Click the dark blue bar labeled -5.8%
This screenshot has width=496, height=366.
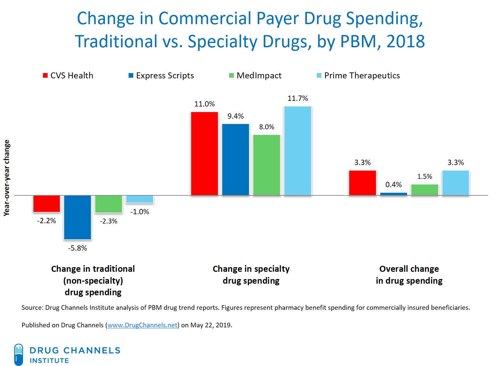pyautogui.click(x=77, y=217)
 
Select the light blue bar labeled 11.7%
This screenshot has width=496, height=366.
pyautogui.click(x=298, y=151)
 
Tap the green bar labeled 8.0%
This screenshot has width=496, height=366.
pyautogui.click(x=267, y=165)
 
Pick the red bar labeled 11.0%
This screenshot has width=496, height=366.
pyautogui.click(x=204, y=154)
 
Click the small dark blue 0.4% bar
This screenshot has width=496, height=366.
pyautogui.click(x=393, y=194)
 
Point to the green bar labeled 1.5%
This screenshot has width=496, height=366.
pyautogui.click(x=425, y=190)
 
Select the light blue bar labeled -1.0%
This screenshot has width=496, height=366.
pyautogui.click(x=140, y=199)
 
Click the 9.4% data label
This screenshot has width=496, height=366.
pyautogui.click(x=235, y=116)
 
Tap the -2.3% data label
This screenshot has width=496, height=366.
pyautogui.click(x=108, y=221)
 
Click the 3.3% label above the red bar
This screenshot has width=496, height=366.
pyautogui.click(x=362, y=163)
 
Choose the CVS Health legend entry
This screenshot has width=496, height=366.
pyautogui.click(x=68, y=76)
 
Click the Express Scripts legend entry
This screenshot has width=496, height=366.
pyautogui.click(x=161, y=76)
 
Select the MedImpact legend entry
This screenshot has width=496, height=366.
pyautogui.click(x=255, y=76)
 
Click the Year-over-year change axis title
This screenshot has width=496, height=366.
pyautogui.click(x=7, y=178)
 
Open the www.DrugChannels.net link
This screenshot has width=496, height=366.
pyautogui.click(x=143, y=325)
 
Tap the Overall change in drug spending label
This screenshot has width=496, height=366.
pyautogui.click(x=409, y=275)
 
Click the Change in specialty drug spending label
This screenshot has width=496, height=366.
pyautogui.click(x=251, y=275)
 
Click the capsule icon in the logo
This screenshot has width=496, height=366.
pyautogui.click(x=19, y=354)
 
